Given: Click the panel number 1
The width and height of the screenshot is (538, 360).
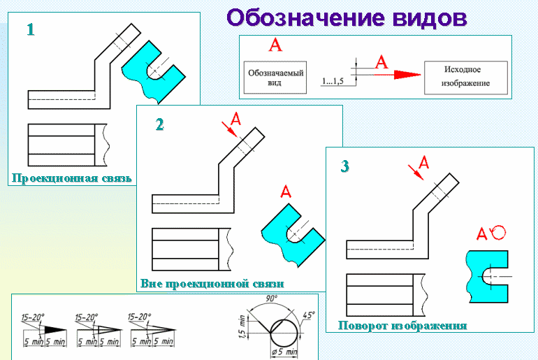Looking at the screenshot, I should [x=31, y=30].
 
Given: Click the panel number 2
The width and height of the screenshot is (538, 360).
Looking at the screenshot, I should [x=160, y=124].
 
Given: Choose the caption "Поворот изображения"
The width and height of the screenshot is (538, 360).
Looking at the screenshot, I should [x=402, y=325].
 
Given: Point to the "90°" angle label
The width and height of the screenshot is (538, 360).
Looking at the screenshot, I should [x=271, y=299].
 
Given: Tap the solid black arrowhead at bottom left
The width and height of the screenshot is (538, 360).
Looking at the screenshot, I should [x=52, y=329].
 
